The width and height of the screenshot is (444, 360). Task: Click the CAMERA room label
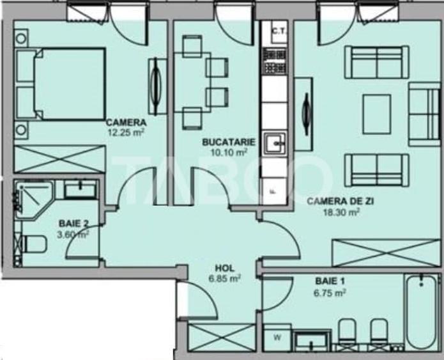pyautogui.click(x=126, y=123)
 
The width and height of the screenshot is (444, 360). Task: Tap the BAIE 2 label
pyautogui.click(x=73, y=224)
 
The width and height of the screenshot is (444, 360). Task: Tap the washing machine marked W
pyautogui.click(x=278, y=337)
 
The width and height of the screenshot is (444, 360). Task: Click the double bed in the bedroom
pyautogui.click(x=61, y=84)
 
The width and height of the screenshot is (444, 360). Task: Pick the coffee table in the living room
pyautogui.click(x=376, y=114)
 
